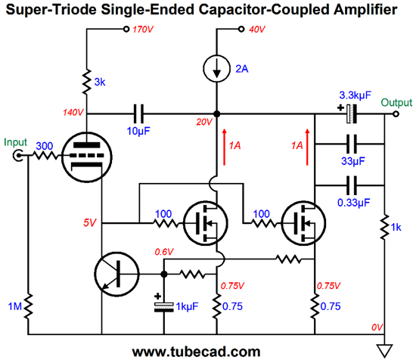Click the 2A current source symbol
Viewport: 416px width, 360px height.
pyautogui.click(x=217, y=69)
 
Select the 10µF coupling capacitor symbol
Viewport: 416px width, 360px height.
pyautogui.click(x=138, y=114)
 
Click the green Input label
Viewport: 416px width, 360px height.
pyautogui.click(x=16, y=141)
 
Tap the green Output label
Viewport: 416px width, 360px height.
pyautogui.click(x=396, y=102)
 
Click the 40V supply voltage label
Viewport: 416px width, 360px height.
pyautogui.click(x=257, y=30)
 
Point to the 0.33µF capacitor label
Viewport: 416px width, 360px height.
pyautogui.click(x=353, y=202)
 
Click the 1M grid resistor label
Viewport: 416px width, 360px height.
pyautogui.click(x=13, y=306)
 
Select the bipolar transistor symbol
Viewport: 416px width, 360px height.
pyautogui.click(x=116, y=273)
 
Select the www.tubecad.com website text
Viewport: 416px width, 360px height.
pyautogui.click(x=196, y=351)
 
